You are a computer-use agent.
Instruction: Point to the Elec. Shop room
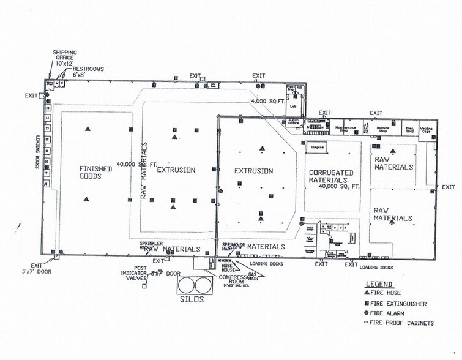410,129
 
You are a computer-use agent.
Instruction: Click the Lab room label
293,106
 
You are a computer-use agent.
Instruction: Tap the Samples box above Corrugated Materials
316,148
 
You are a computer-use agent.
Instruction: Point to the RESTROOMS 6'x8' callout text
88,72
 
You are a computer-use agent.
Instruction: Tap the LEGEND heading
378,284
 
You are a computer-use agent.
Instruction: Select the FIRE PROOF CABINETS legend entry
398,323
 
